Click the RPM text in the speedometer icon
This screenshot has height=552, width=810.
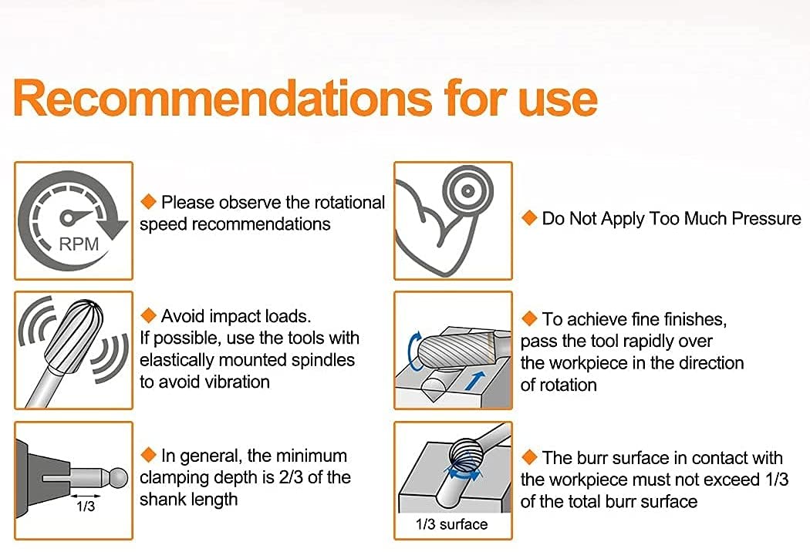coord(79,244)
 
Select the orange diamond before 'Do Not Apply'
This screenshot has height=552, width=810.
coord(529,218)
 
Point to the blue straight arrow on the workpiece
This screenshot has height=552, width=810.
coord(475,381)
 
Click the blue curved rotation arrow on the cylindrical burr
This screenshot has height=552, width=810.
coord(413,352)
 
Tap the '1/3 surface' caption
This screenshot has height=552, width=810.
coord(451,524)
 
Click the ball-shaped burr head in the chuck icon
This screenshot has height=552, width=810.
coord(118,478)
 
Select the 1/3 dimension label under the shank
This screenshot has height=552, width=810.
coord(86,507)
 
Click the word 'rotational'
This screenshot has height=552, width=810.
coord(349,203)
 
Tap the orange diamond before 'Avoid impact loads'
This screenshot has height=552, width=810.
coord(148,315)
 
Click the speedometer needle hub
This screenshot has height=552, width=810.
coord(68,217)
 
